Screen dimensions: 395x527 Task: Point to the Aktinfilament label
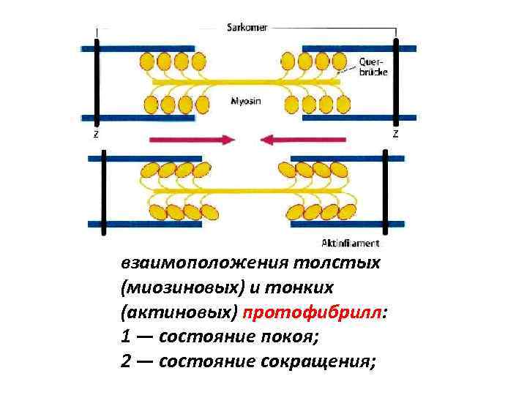[x=351, y=243]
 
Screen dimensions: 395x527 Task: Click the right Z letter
[x=396, y=134]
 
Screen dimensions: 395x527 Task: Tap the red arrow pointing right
[x=192, y=138]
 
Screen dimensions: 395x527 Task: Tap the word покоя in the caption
[x=293, y=339]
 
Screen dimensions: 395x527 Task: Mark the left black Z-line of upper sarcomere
[x=96, y=80]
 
